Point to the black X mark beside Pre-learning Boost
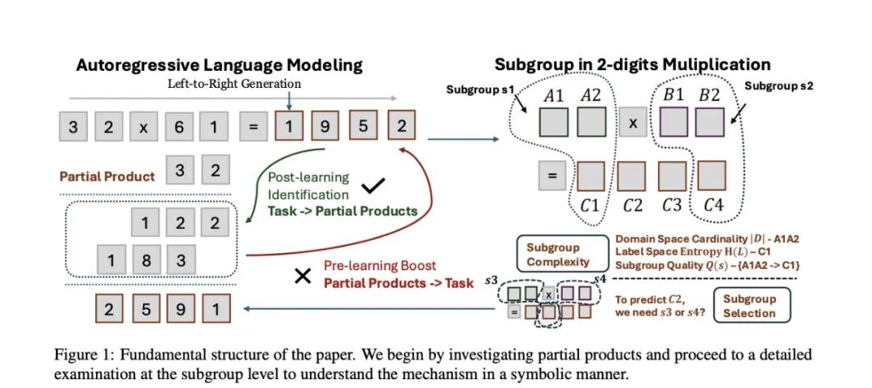pyautogui.click(x=303, y=277)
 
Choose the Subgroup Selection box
pyautogui.click(x=748, y=306)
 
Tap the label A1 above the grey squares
pyautogui.click(x=554, y=95)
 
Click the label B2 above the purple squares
pyautogui.click(x=709, y=95)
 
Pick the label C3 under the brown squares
pyautogui.click(x=672, y=205)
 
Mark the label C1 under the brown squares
pyautogui.click(x=590, y=205)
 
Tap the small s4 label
pyautogui.click(x=598, y=279)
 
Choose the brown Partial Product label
pyautogui.click(x=107, y=176)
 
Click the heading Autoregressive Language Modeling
pyautogui.click(x=219, y=65)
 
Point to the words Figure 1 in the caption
pyautogui.click(x=82, y=355)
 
